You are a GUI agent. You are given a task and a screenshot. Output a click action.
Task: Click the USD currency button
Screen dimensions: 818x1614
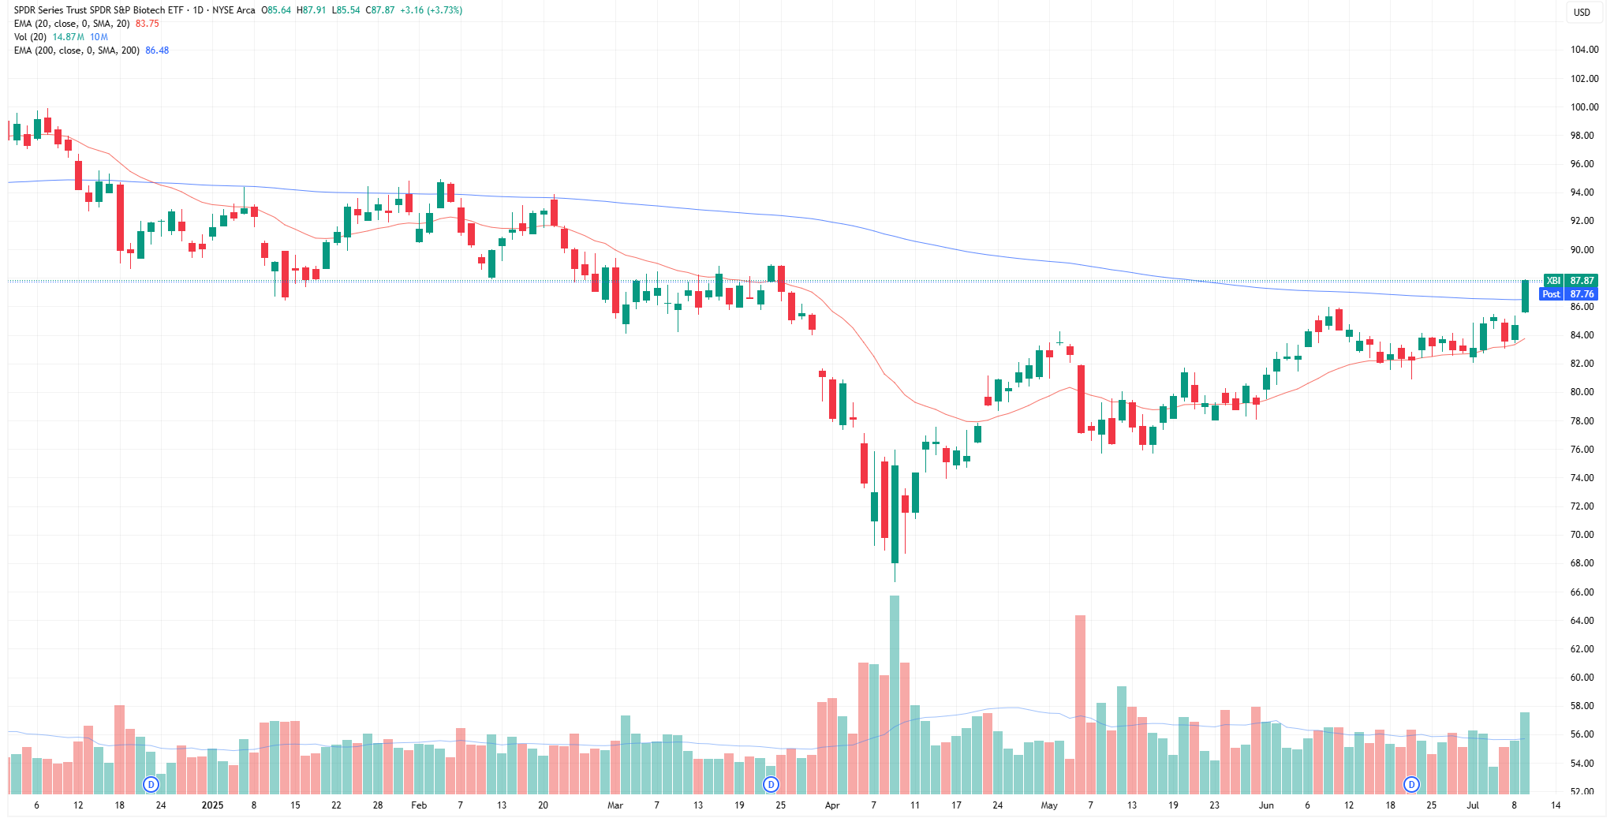point(1582,12)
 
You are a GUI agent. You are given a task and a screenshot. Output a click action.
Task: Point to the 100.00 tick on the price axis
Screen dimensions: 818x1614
point(1583,107)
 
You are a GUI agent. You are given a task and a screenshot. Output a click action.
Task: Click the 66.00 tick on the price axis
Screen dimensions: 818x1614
point(1583,592)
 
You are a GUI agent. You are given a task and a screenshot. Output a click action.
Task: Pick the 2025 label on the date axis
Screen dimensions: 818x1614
point(212,805)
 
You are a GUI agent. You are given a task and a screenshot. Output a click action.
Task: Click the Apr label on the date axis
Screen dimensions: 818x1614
point(831,805)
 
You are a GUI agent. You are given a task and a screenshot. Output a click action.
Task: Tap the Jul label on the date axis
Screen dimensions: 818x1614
point(1472,805)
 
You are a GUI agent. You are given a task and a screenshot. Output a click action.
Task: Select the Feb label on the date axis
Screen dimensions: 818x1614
point(419,805)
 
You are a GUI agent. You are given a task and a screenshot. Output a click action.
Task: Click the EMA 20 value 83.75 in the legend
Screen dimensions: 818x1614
point(147,24)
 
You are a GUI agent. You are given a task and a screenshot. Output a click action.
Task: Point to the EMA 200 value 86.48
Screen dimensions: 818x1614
point(157,50)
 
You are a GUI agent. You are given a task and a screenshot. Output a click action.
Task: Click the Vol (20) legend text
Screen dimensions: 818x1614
point(30,37)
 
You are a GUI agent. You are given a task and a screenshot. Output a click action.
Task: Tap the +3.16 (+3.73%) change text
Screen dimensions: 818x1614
point(431,10)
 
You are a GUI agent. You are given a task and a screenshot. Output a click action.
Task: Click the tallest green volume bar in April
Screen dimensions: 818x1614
point(895,694)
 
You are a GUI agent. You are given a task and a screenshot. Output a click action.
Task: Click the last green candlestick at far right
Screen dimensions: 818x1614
point(1525,296)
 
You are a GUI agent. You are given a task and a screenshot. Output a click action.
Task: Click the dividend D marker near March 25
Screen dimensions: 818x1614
point(771,784)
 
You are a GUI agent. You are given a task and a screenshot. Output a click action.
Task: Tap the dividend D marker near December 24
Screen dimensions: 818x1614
point(151,784)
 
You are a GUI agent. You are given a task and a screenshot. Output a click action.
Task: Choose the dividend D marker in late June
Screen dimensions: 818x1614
point(1411,784)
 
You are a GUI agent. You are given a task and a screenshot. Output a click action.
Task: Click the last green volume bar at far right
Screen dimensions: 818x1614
point(1525,753)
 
